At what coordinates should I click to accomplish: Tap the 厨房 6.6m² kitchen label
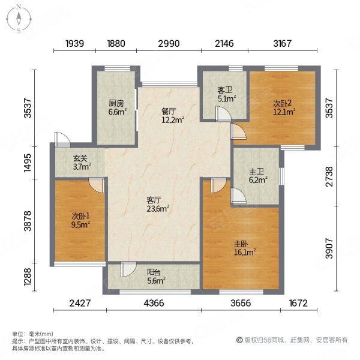pyautogui.click(x=116, y=107)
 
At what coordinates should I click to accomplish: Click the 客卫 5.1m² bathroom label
pyautogui.click(x=226, y=94)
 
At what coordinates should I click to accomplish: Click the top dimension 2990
pyautogui.click(x=167, y=43)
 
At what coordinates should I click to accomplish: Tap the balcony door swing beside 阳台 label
pyautogui.click(x=127, y=270)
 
